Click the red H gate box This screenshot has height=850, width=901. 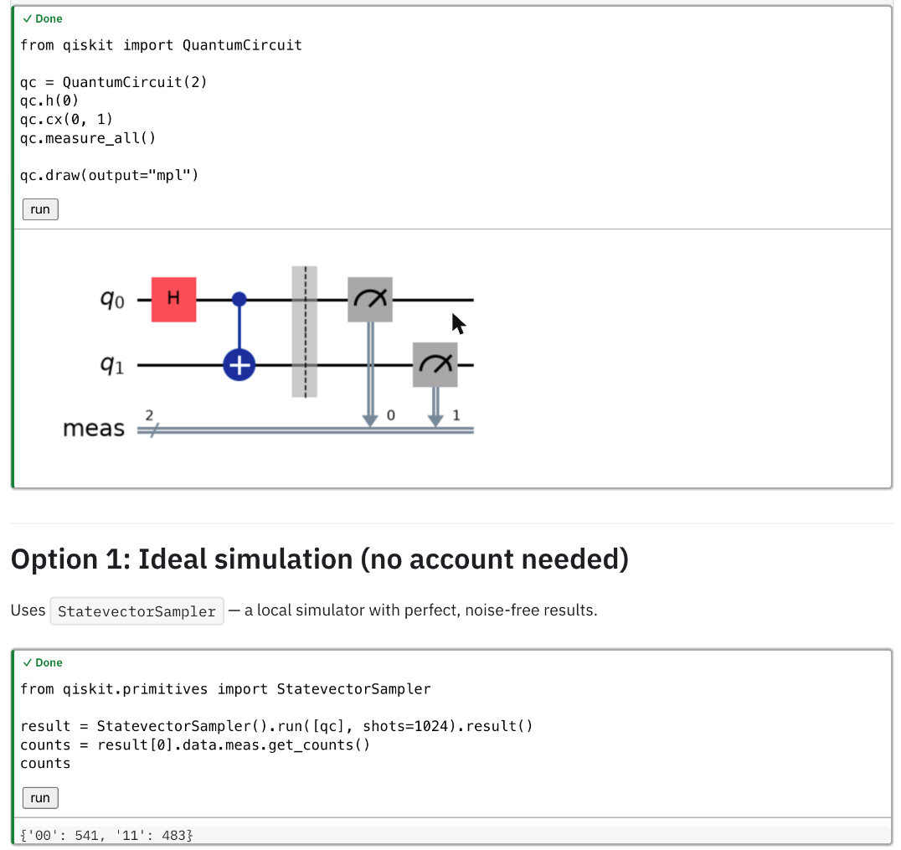point(173,300)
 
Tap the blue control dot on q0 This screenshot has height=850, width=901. point(239,299)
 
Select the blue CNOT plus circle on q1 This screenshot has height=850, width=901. point(239,365)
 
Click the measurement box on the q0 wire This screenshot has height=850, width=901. point(370,300)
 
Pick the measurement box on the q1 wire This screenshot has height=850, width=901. point(435,365)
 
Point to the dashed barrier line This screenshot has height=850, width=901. point(306,332)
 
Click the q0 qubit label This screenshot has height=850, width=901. point(112,300)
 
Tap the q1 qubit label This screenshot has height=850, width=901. point(112,365)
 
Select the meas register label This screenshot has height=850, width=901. point(94,429)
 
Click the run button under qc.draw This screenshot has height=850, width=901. point(40,209)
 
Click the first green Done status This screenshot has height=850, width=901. point(43,19)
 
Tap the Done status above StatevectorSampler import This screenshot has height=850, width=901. point(43,662)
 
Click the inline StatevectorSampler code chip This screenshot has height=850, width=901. point(136,611)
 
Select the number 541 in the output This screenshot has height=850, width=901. point(87,835)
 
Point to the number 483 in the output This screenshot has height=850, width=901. point(174,835)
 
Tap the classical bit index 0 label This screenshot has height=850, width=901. point(391,415)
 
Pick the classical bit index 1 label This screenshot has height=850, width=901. point(456,415)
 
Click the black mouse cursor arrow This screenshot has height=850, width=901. point(458,323)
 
